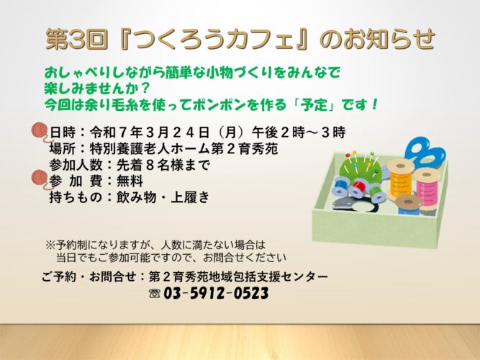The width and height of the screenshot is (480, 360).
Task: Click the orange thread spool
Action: tap(399, 179)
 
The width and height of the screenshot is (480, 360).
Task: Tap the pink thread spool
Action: tap(427, 187)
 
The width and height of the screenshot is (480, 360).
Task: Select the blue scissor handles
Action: tap(425, 153)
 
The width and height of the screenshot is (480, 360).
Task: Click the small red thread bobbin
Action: tap(359, 188)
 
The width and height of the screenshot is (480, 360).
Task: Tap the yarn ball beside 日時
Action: tap(40, 132)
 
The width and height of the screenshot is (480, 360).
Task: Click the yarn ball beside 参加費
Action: tap(40, 179)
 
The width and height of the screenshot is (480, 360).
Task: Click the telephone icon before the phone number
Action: tap(155, 294)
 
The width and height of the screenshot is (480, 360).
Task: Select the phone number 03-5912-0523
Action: tap(216, 294)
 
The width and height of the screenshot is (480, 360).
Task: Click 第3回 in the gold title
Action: tap(76, 39)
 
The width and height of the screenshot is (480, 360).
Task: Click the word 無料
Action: tap(130, 181)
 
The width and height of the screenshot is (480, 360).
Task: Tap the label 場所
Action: tap(63, 148)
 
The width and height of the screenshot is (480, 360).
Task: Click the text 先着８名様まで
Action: tap(163, 165)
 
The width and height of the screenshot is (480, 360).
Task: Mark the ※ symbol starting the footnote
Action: tap(50, 245)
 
